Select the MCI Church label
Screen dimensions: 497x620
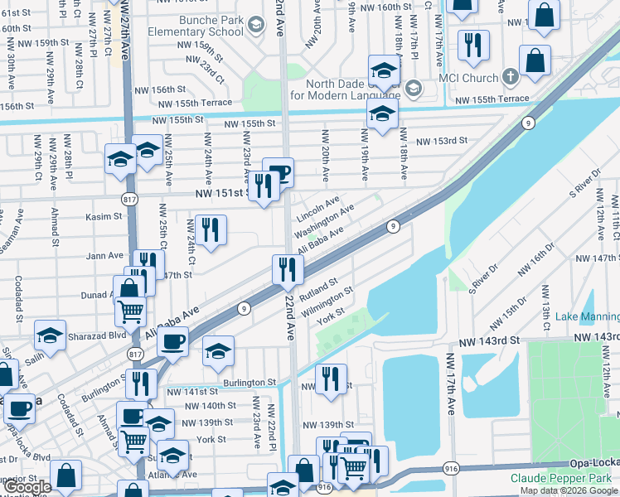tap(472, 78)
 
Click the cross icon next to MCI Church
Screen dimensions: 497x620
tap(510, 78)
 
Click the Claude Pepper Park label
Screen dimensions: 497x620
tap(564, 479)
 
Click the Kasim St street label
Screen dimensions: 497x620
tap(104, 216)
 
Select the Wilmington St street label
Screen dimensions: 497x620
tap(328, 302)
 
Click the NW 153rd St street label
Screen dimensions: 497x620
tap(442, 142)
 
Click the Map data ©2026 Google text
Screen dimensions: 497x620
tap(568, 490)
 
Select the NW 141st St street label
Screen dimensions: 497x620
tap(192, 391)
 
